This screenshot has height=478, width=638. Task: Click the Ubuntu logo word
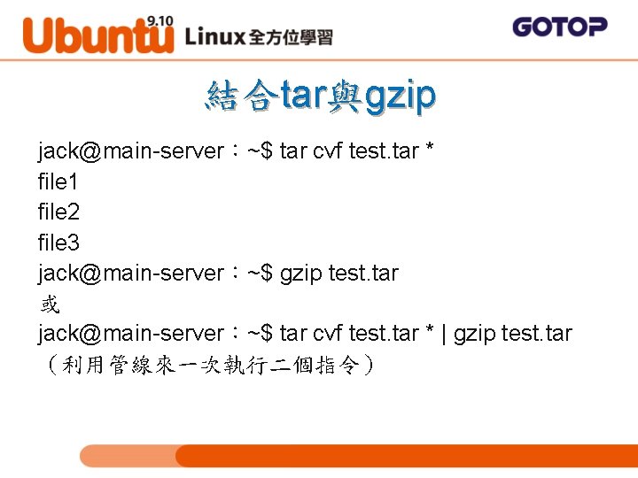tap(97, 35)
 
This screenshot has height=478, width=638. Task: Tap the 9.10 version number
tap(160, 19)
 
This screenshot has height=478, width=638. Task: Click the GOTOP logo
tap(559, 27)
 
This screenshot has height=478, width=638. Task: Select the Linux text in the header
tap(215, 36)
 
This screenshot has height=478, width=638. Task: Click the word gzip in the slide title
tap(400, 96)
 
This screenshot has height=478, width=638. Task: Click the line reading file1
tap(58, 182)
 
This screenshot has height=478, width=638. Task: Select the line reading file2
tap(58, 212)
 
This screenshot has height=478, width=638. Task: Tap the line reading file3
tap(58, 243)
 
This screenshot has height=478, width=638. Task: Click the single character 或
tap(49, 304)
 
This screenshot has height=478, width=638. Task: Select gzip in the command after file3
tap(300, 274)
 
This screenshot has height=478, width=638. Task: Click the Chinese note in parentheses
tap(208, 364)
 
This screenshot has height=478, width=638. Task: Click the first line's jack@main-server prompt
tap(131, 152)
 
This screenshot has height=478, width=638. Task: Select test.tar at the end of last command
tap(536, 334)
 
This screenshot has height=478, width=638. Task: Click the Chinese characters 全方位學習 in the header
tap(291, 37)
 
